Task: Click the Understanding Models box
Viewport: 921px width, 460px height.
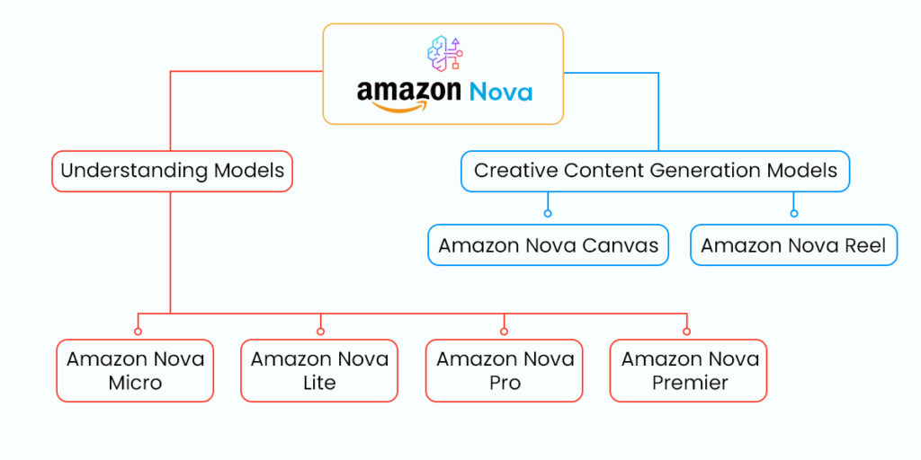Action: [172, 171]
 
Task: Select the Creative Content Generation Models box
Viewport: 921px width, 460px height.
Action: [655, 171]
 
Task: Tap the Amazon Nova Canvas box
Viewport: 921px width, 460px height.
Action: [548, 245]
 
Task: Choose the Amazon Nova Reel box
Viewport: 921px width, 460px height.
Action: [793, 245]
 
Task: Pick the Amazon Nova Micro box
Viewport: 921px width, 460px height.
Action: [135, 370]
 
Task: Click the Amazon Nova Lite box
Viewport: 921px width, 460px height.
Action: [319, 370]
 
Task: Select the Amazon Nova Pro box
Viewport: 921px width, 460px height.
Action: [504, 370]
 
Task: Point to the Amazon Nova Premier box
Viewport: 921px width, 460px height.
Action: [689, 370]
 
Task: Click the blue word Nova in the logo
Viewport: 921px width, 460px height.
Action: [500, 92]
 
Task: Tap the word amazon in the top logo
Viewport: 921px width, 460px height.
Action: [408, 92]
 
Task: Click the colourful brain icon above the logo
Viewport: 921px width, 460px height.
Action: [444, 53]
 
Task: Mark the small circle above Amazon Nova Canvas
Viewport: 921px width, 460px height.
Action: [548, 214]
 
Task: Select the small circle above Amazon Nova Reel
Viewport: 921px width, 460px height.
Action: [793, 214]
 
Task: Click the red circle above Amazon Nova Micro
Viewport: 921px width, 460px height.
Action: [138, 331]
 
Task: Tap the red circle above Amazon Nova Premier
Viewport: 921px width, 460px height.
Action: [686, 331]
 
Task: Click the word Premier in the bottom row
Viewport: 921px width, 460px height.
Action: [689, 383]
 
